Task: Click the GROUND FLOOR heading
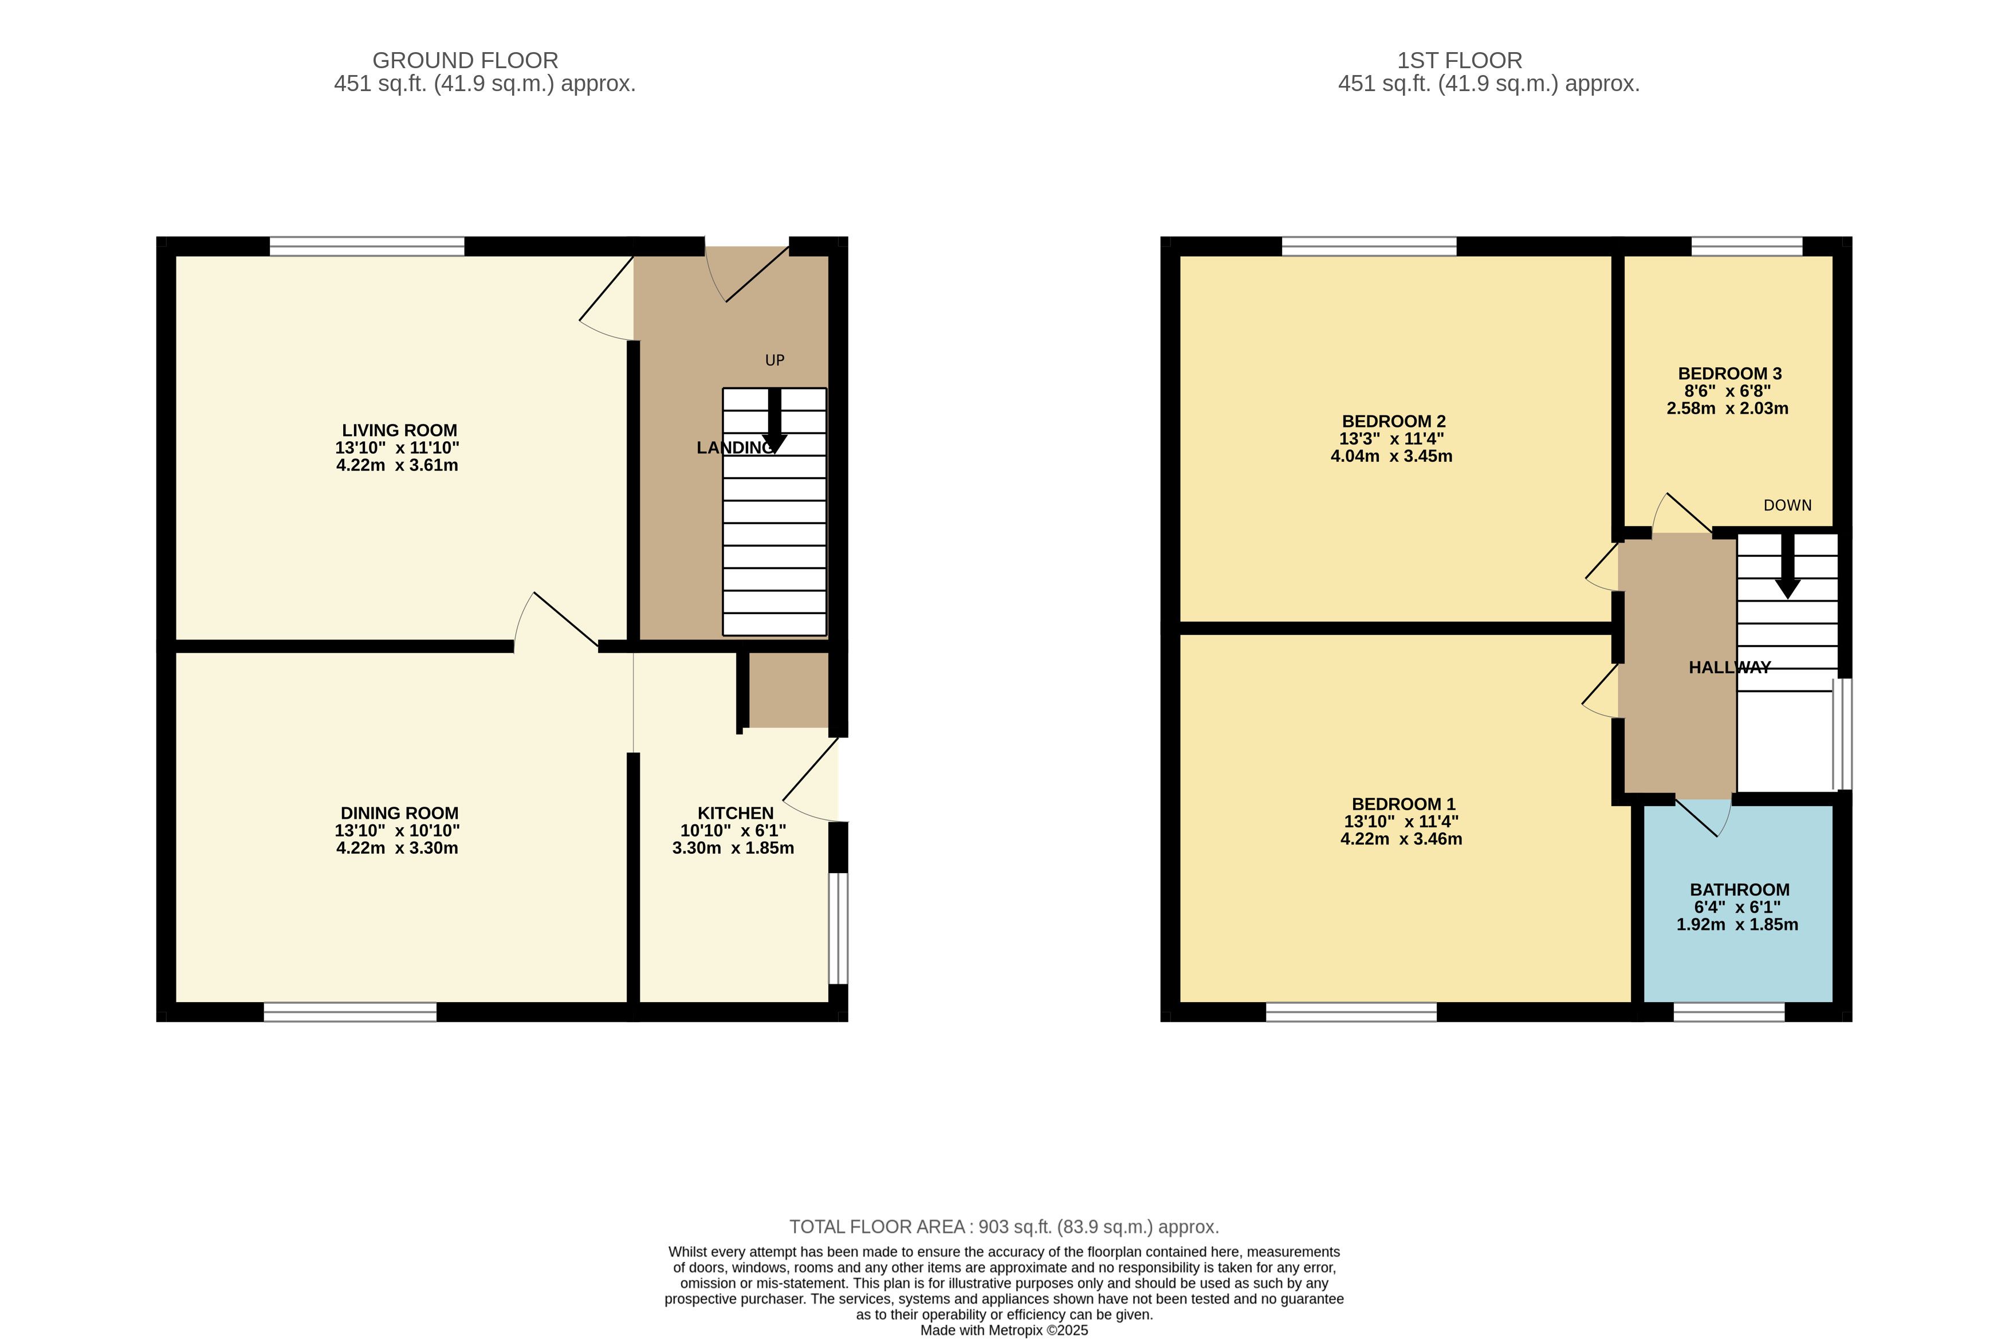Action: (465, 61)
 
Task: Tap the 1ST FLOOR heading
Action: (1459, 61)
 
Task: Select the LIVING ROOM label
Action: (400, 430)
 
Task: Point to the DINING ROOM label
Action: (400, 813)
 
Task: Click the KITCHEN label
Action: (736, 813)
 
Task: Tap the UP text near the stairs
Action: (774, 360)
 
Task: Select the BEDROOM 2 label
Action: (1393, 421)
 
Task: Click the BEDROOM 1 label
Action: (1403, 803)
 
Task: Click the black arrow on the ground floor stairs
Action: (774, 420)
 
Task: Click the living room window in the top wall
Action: (367, 246)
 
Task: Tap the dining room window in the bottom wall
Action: (350, 1012)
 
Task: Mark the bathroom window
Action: (1729, 1012)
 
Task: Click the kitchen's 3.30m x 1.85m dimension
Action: (733, 848)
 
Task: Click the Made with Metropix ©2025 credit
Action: (1004, 1330)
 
